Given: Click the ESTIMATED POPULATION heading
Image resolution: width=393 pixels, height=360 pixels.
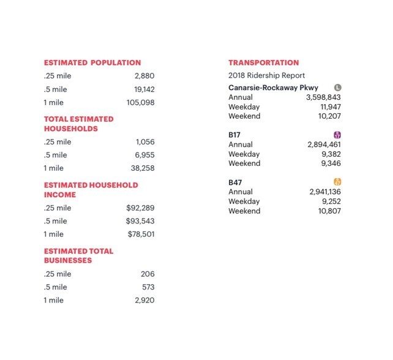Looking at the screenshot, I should (x=92, y=62).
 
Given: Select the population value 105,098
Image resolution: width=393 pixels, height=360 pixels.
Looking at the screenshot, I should (x=140, y=102).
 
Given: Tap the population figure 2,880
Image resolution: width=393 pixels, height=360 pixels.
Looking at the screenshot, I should (x=144, y=76).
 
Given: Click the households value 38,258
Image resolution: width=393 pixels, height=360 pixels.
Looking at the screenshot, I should (x=143, y=168).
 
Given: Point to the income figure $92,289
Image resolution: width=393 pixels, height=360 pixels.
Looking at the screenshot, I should (x=140, y=208).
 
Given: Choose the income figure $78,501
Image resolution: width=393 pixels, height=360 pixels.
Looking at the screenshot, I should (x=141, y=234).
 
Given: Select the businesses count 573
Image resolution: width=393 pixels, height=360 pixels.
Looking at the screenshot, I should (x=148, y=287).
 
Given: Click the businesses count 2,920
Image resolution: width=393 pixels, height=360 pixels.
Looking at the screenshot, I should (x=144, y=300).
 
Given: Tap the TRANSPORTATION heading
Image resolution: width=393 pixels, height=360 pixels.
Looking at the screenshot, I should (x=264, y=62).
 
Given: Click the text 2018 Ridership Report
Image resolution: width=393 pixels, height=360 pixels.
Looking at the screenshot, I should (x=266, y=76).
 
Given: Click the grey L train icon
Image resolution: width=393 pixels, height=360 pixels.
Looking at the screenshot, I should (x=337, y=88).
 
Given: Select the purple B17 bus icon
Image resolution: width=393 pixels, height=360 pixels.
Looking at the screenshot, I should (x=337, y=135).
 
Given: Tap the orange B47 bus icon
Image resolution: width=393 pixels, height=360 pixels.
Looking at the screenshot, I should (x=337, y=182).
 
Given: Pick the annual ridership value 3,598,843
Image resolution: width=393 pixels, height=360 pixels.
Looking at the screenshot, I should (x=323, y=97).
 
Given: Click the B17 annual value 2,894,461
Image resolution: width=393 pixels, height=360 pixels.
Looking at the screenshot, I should (x=324, y=145).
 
